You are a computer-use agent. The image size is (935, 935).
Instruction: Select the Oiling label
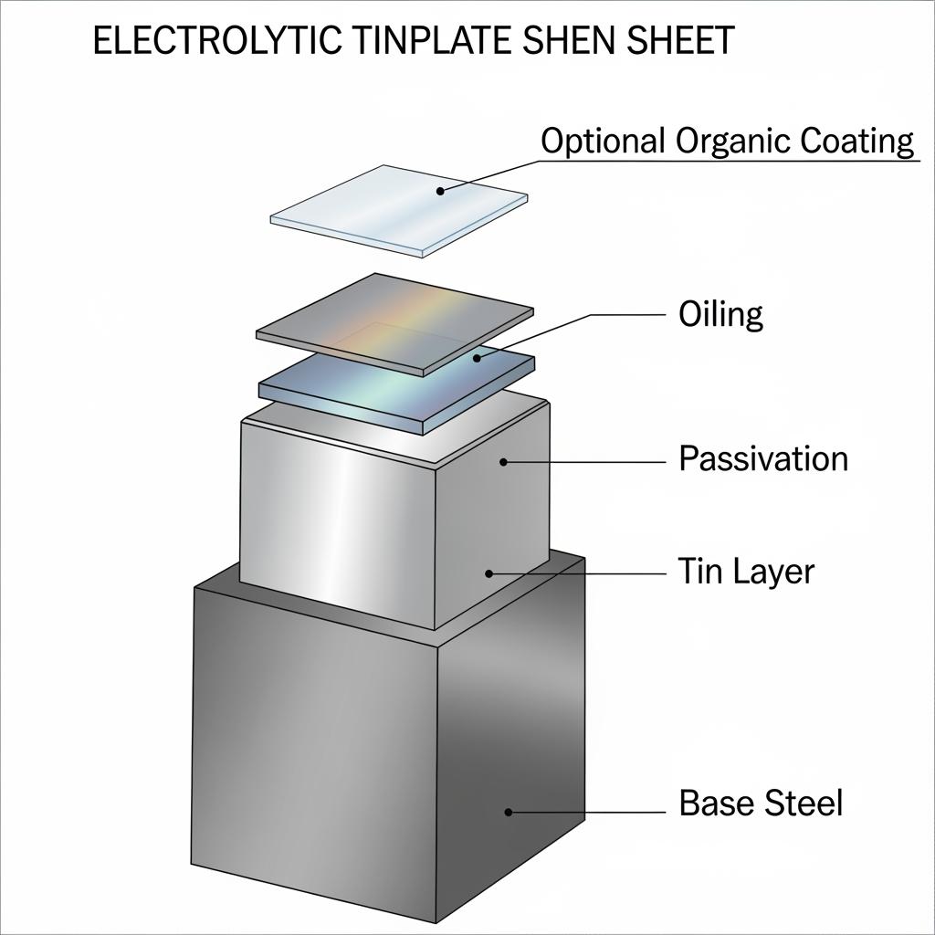720,315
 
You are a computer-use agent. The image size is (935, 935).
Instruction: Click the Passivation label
763,457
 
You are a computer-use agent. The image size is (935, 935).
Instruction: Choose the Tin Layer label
746,572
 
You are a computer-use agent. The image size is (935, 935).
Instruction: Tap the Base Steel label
761,804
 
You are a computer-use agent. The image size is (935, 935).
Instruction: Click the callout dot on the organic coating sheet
439,191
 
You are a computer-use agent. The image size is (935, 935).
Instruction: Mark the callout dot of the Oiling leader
477,358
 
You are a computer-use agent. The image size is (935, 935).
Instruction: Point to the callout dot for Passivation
503,462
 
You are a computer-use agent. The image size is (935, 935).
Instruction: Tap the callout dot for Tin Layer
489,573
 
